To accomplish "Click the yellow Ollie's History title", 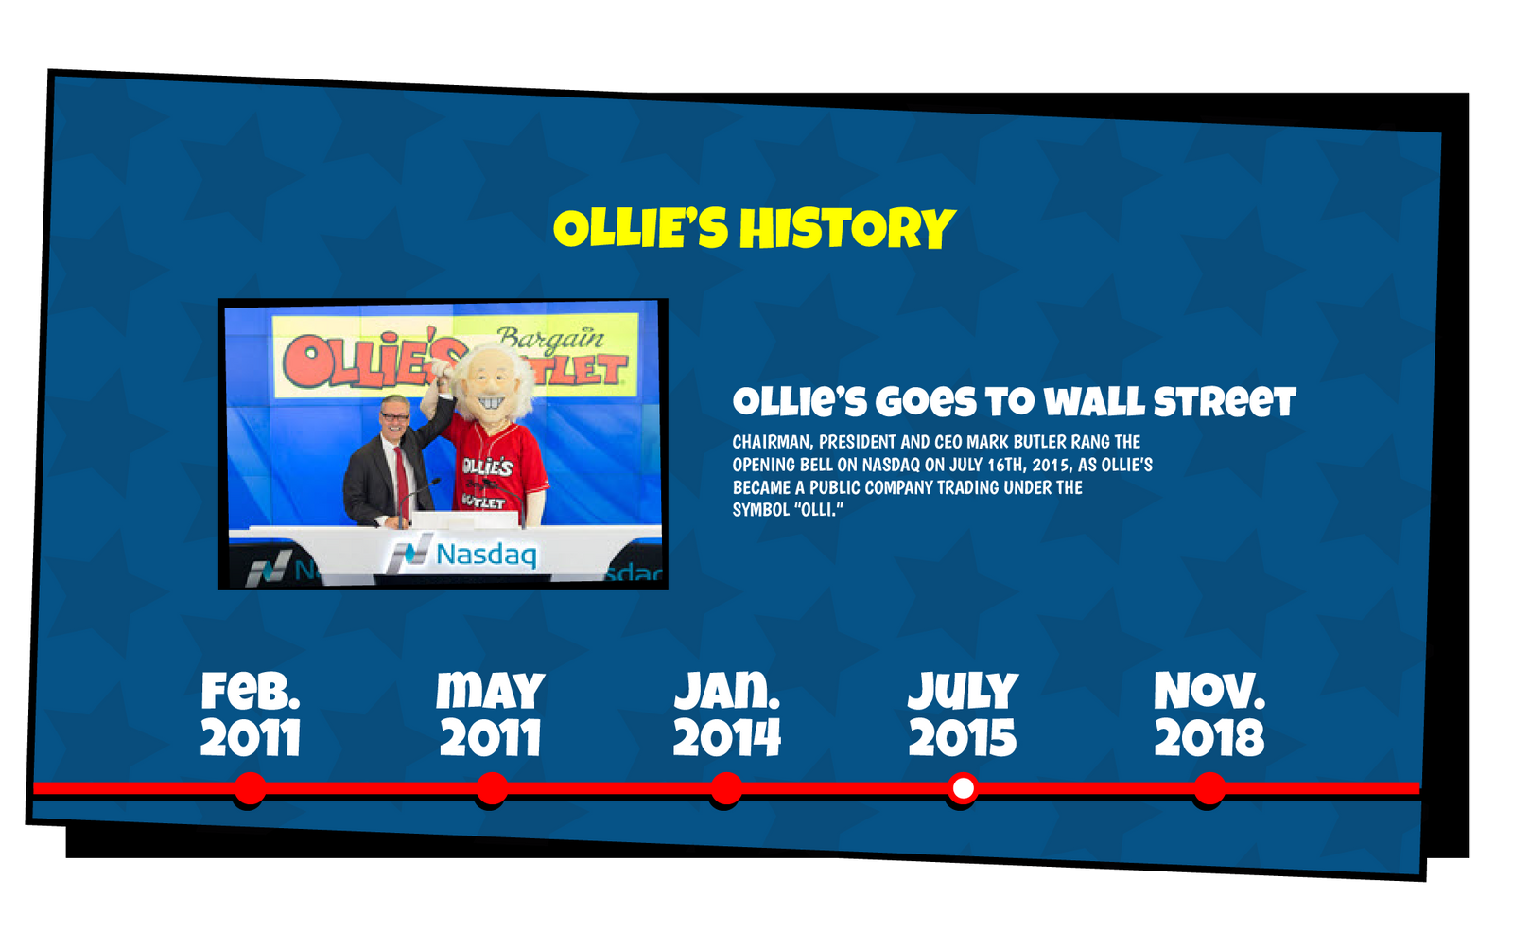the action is point(754,228).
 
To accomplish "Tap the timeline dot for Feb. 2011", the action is point(250,788).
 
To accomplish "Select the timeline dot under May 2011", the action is point(492,788).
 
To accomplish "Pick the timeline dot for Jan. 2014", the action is point(726,788).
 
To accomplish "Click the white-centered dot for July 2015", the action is point(963,788).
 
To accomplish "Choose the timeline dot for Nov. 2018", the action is point(1209,788).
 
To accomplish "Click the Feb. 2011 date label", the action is point(251,714).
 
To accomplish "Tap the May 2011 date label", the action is point(491,714).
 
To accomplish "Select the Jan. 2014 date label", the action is point(727,714).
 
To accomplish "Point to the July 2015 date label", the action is point(963,714).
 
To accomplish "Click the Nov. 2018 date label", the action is point(1209,714).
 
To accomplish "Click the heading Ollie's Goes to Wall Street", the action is point(1015,401).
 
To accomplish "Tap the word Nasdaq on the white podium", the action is point(486,555).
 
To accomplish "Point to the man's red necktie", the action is point(402,484).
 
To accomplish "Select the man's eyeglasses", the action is point(394,416).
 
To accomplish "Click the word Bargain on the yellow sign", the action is point(550,339).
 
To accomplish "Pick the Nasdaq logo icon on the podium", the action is point(410,553).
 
